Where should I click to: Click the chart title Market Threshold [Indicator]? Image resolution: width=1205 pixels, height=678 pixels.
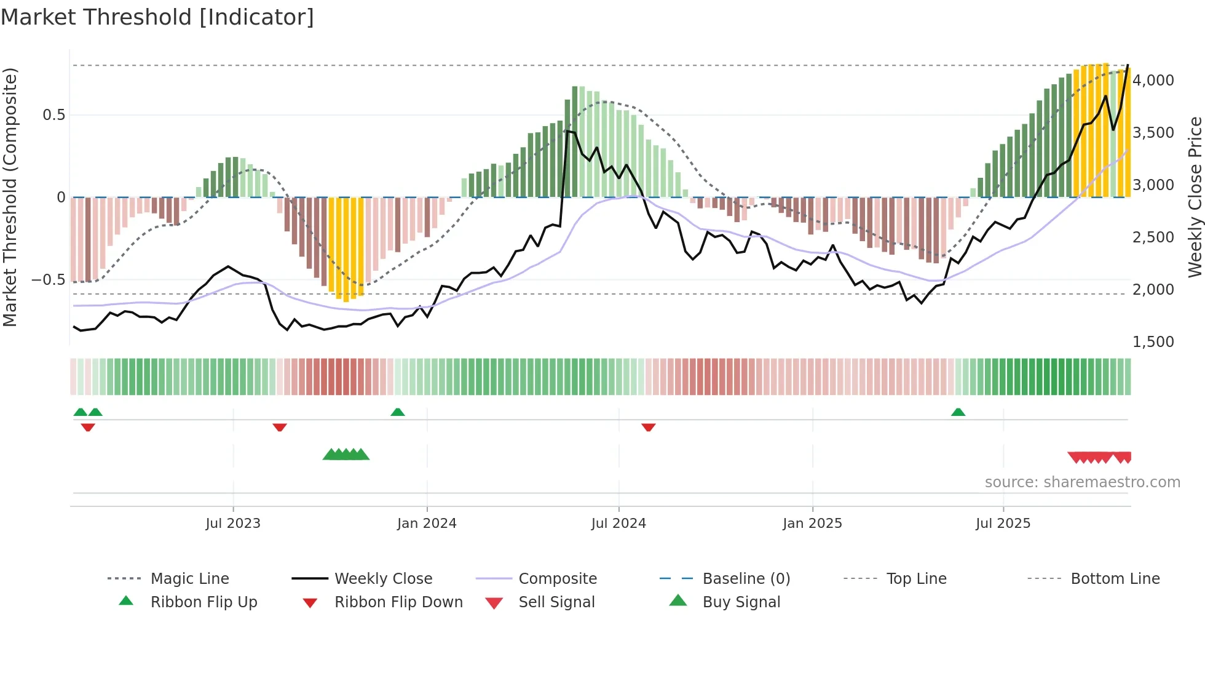tap(157, 17)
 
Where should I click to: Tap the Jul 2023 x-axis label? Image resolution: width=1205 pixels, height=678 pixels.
tap(233, 524)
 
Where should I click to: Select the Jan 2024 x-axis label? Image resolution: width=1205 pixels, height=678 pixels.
tap(427, 524)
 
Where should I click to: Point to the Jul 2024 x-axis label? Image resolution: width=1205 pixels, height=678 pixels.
tap(618, 524)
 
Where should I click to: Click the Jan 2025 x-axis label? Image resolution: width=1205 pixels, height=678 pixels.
tap(812, 524)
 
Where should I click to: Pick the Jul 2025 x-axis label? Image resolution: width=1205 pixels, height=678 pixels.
tap(1003, 524)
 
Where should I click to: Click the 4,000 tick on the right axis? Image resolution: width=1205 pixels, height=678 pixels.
tap(1153, 81)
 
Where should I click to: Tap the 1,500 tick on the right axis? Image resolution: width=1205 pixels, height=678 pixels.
tap(1153, 342)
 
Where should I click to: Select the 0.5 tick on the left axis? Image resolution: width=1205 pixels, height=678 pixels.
tap(53, 115)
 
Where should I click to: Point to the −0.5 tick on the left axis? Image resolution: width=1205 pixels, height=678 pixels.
tap(49, 280)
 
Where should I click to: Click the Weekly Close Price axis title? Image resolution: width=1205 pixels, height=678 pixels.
tap(1195, 197)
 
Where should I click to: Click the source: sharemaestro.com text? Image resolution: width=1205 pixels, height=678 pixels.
tap(1082, 482)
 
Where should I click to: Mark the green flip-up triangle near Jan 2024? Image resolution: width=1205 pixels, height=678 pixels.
tap(398, 412)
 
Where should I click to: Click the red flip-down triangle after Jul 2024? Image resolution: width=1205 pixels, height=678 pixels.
tap(648, 427)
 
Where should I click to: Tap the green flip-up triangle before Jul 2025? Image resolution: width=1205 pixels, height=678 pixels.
tap(958, 412)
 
